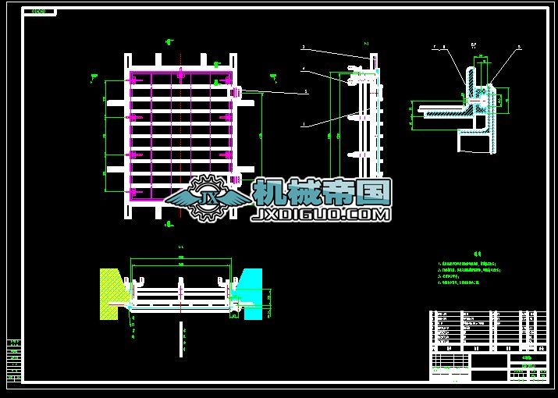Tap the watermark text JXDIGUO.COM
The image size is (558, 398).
320,213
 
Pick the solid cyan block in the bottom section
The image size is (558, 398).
254,293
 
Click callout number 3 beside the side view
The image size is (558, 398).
303,48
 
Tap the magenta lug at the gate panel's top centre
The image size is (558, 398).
181,75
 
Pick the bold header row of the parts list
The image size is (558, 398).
485,348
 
